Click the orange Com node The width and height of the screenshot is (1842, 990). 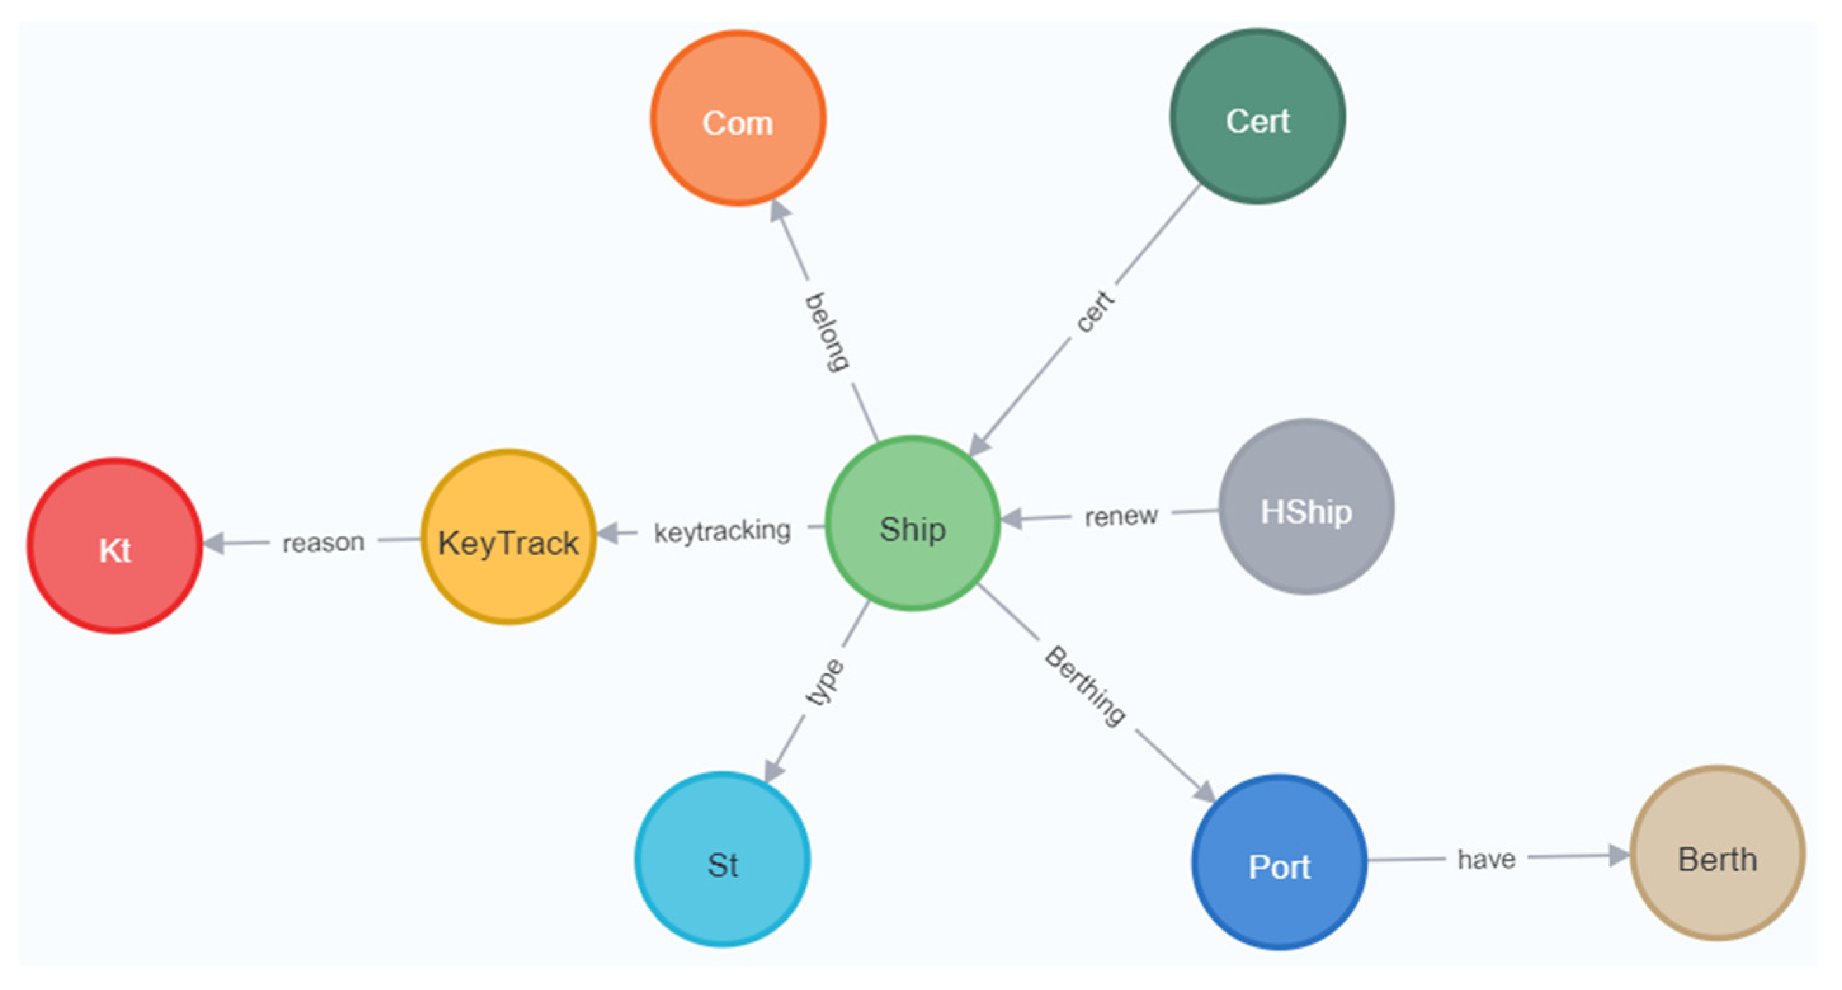(738, 118)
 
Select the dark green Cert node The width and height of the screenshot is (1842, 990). (1257, 117)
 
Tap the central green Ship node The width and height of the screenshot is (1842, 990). (912, 524)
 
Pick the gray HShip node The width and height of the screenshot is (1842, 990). (1306, 506)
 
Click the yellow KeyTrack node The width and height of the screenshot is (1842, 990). (508, 538)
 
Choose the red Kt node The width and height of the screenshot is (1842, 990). (114, 546)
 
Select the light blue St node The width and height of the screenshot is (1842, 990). (722, 859)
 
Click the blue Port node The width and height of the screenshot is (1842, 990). (1279, 862)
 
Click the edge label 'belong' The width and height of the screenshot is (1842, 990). (827, 332)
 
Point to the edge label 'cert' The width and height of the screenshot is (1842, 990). (1095, 311)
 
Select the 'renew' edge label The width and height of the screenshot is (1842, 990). (1121, 516)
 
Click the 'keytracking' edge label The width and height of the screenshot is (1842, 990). (722, 531)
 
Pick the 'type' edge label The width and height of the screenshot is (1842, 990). (824, 682)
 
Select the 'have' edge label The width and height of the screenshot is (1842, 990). (1486, 859)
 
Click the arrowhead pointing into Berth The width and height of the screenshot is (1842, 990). (1619, 855)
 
